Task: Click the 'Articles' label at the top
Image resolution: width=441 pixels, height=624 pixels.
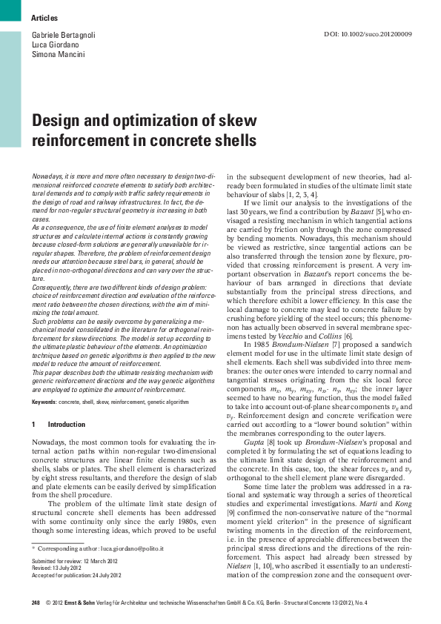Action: tap(44, 17)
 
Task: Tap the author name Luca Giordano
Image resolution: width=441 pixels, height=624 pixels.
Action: tap(56, 44)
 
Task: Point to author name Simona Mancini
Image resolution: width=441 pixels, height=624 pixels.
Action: tap(58, 55)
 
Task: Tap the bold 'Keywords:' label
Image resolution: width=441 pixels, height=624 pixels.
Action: tap(44, 402)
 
